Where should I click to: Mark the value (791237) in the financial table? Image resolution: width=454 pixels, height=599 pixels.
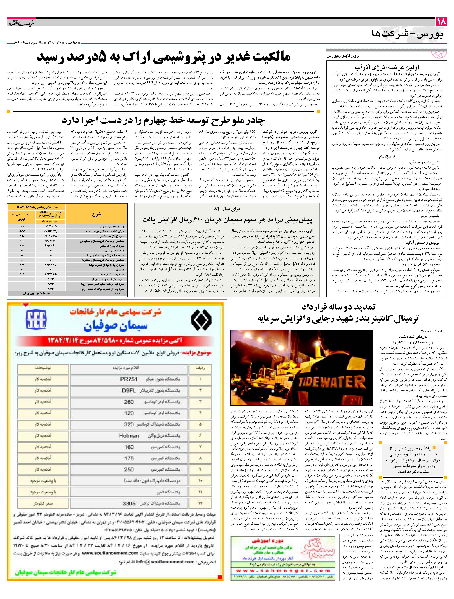(x=50, y=231)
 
